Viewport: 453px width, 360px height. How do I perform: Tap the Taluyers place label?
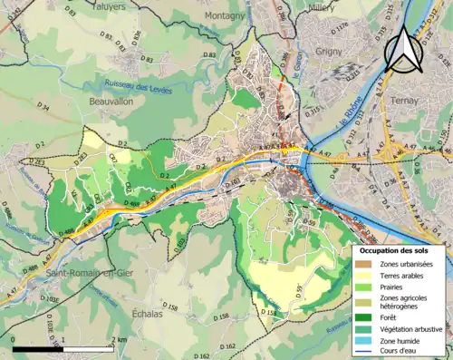110,5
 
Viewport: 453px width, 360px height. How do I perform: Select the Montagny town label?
224,15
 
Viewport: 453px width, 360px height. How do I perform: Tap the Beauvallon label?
112,102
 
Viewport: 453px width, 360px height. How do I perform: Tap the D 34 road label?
43,106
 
